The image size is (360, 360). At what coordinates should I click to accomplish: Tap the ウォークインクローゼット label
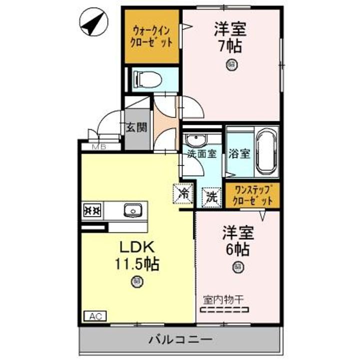pyautogui.click(x=152, y=36)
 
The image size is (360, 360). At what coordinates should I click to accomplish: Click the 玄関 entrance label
pyautogui.click(x=136, y=127)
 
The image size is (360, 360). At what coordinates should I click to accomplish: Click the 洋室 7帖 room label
pyautogui.click(x=231, y=37)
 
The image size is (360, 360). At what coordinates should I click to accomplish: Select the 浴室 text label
pyautogui.click(x=239, y=153)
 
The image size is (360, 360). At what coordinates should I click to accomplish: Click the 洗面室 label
pyautogui.click(x=202, y=154)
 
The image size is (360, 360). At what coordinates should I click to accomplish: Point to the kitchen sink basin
pyautogui.click(x=133, y=210)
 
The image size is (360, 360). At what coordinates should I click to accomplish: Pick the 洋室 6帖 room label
pyautogui.click(x=238, y=240)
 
